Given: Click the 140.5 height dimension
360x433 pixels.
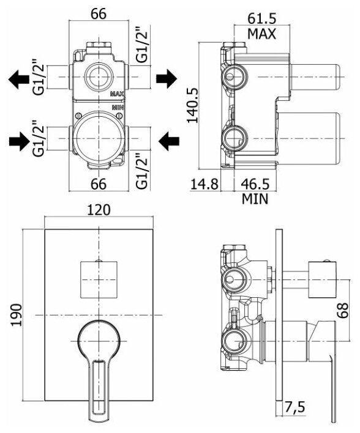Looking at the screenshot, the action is click(193, 105).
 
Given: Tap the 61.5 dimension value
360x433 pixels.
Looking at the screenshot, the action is click(261, 19).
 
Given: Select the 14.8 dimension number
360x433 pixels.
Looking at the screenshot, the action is click(204, 184).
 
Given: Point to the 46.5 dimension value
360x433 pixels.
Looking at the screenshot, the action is click(255, 184).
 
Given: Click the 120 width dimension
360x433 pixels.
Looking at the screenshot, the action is click(99, 210).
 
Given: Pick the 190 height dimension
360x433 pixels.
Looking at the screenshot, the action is click(17, 315).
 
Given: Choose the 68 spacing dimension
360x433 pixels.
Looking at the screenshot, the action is click(342, 311).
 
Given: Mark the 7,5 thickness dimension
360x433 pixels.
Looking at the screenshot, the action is click(294, 407).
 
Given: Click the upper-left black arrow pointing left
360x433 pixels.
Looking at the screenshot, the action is click(19, 79).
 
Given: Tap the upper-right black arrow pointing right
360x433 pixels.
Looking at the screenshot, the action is click(167, 79).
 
